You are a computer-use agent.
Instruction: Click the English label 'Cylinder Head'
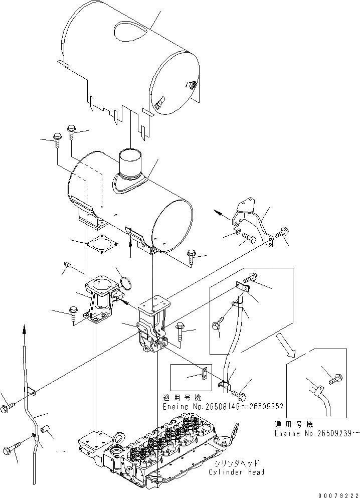(x=237, y=472)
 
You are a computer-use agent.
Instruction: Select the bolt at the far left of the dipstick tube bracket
(x=9, y=403)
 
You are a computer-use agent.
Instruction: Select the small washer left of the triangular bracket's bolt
(x=236, y=233)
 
